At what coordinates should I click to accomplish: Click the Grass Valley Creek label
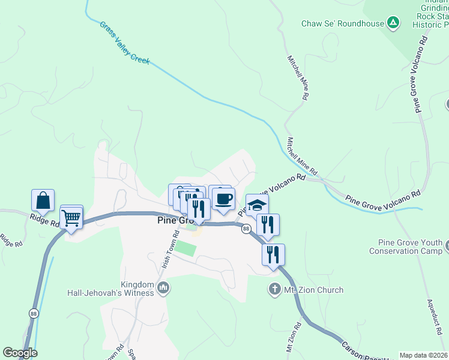point(125,44)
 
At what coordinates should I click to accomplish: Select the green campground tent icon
point(393,23)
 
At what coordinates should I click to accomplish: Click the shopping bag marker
point(43,200)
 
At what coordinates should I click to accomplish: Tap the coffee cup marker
point(224,199)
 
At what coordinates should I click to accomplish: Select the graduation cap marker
point(257,205)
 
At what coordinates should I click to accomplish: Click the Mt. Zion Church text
point(313,290)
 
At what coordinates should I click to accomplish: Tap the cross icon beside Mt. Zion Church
point(275,290)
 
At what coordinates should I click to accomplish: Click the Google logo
point(20,353)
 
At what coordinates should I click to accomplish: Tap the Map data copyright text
point(423,355)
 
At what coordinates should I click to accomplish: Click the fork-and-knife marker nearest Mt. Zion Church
point(273,254)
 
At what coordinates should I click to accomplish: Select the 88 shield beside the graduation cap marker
point(246,229)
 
